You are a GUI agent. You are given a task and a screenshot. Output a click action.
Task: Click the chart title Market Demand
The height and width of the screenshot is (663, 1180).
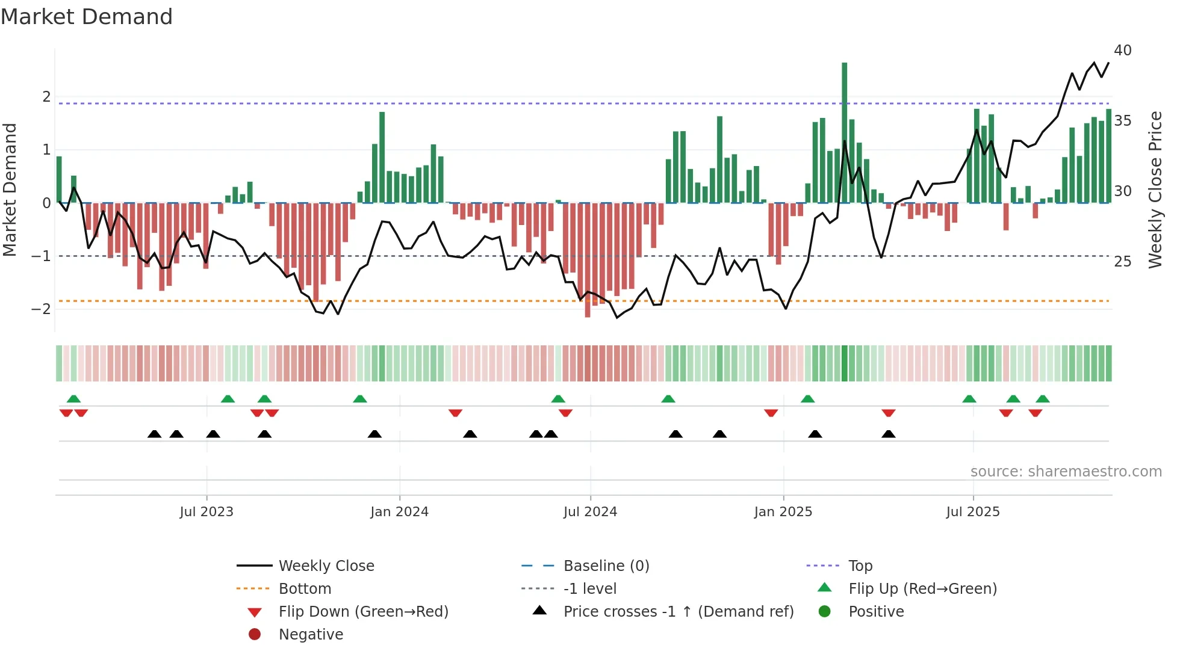pos(87,17)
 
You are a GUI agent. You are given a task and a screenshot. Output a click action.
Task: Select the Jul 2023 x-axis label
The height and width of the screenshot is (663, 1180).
pos(206,512)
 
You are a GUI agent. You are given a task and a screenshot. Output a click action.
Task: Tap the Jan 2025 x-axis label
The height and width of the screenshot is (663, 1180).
pos(783,512)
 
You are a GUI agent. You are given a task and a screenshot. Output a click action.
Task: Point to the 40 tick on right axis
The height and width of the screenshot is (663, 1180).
pos(1122,51)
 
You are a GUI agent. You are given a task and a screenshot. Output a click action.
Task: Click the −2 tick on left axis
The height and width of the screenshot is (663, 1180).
pos(41,309)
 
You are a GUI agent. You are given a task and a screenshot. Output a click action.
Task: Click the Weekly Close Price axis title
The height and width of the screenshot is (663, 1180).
pos(1155,190)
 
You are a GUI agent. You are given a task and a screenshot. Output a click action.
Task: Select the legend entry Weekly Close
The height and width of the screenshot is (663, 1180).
pos(326,566)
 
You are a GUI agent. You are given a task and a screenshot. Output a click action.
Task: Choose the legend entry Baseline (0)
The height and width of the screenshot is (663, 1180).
pos(606,566)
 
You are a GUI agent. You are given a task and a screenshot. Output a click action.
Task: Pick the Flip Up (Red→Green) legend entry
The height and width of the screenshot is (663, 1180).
pos(922,589)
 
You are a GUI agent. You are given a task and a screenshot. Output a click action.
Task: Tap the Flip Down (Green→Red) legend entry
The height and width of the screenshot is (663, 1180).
pos(363,612)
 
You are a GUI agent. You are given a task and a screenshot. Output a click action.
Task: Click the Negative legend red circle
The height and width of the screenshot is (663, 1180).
pos(255,635)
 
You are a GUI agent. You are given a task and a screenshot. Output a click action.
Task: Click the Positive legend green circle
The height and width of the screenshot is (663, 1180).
pos(825,612)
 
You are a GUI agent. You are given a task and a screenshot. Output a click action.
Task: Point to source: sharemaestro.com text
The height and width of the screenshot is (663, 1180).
pos(1066,472)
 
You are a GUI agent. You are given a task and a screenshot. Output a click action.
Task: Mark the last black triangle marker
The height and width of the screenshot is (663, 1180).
pos(888,434)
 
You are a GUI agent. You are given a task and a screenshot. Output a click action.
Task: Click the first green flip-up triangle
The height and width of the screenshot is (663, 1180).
pos(73,399)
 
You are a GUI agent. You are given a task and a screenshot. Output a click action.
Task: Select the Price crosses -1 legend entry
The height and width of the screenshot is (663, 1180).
pos(678,612)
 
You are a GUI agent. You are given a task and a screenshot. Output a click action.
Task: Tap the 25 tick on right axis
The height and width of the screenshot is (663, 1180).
pos(1122,262)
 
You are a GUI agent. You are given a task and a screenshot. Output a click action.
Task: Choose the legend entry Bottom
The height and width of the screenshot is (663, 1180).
pos(305,589)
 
